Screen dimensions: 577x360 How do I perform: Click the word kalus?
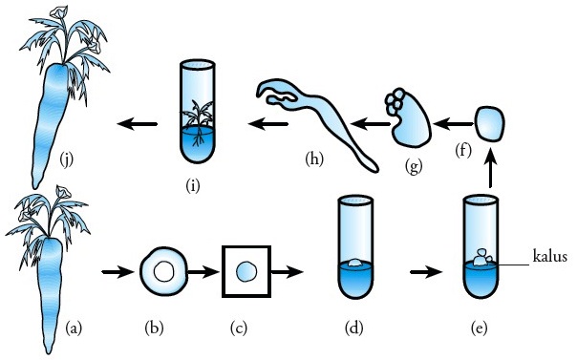(549, 256)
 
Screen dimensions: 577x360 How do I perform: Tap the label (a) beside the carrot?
(74, 328)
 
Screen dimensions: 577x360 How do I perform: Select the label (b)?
(154, 328)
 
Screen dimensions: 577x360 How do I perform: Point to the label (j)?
(66, 159)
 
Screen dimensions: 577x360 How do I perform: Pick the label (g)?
(414, 166)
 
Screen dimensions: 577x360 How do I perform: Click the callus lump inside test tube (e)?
(482, 257)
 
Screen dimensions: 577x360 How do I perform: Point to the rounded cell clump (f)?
(490, 124)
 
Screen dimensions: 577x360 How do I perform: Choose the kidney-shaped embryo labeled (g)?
(409, 118)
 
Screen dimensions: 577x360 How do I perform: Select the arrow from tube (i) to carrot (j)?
(138, 124)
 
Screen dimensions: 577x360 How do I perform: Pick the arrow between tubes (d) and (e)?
(425, 272)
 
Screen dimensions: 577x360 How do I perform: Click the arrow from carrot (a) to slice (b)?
(118, 272)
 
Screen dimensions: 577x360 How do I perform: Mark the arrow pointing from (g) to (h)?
(369, 124)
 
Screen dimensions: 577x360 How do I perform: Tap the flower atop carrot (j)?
(57, 12)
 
